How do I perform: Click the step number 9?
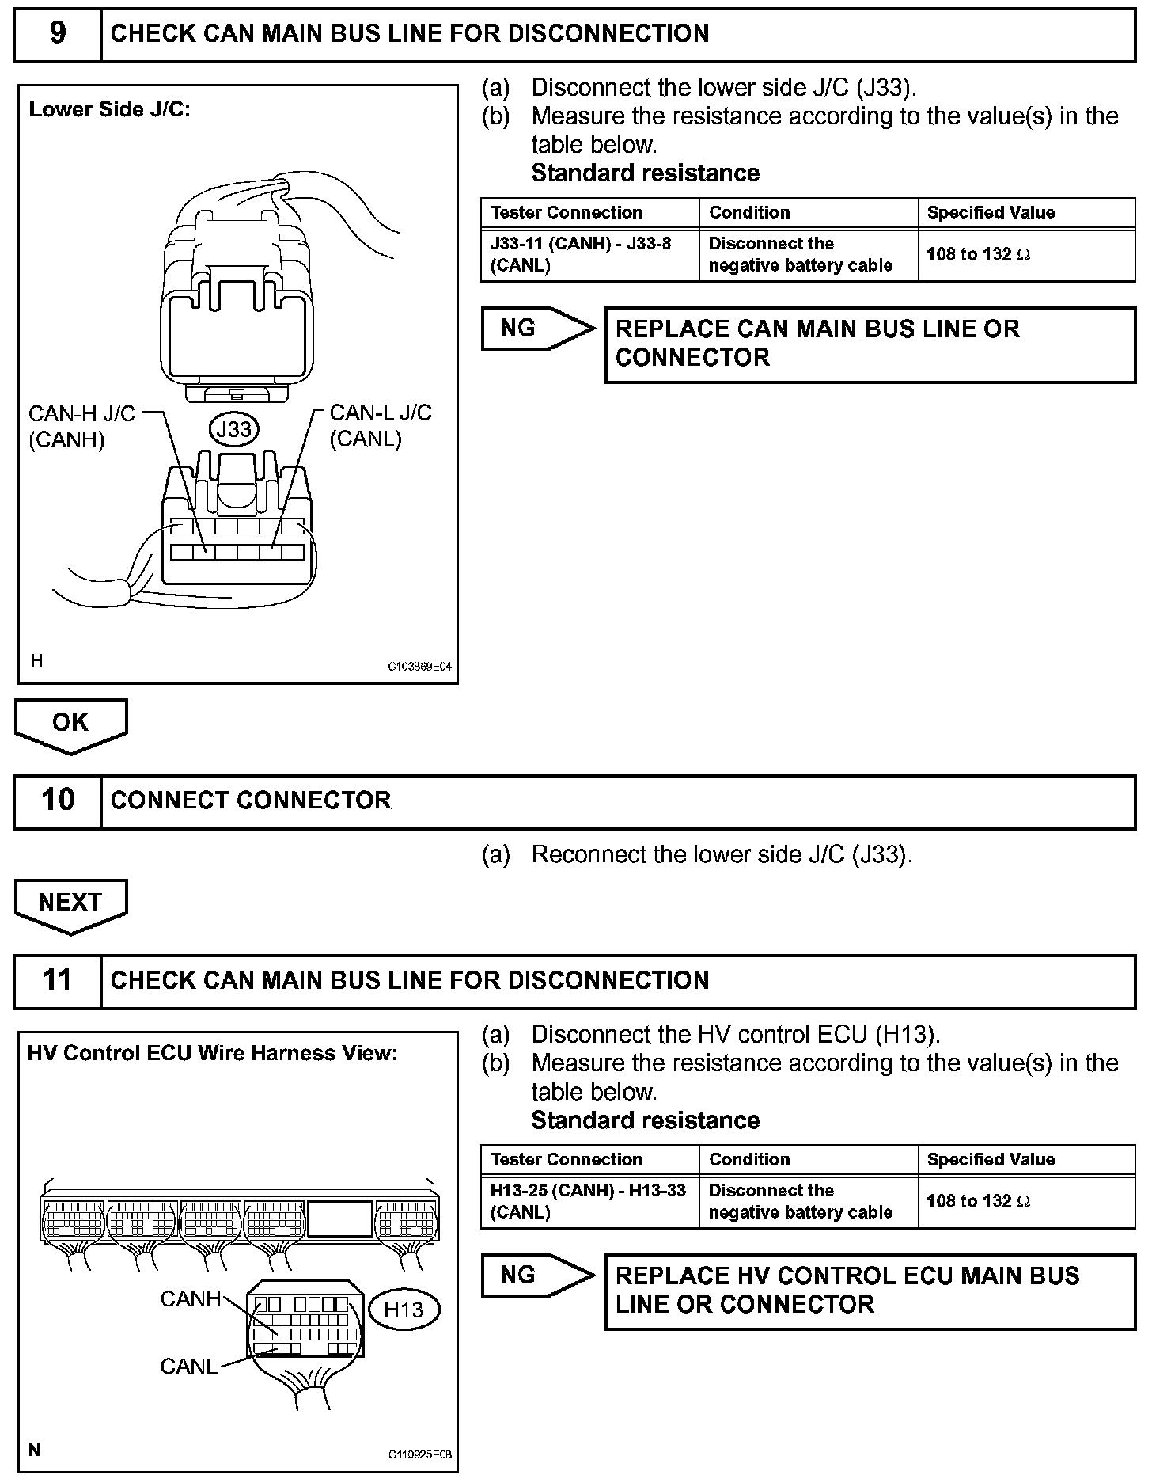[58, 33]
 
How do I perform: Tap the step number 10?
[58, 800]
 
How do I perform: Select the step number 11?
[58, 980]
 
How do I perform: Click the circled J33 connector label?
[234, 429]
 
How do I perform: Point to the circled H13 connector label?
[404, 1310]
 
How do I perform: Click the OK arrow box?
[70, 725]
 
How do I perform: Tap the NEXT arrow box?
[70, 906]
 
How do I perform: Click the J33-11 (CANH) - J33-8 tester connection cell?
[590, 255]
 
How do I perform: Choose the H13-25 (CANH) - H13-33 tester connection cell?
[590, 1202]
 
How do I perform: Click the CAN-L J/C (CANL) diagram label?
[381, 425]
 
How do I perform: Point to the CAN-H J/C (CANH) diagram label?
[81, 426]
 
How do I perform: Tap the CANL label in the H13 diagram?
[189, 1367]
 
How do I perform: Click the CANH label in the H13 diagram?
[191, 1299]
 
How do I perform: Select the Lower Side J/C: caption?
[110, 109]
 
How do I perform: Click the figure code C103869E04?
[419, 667]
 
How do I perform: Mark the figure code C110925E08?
[419, 1454]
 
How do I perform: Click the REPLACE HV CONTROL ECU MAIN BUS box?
[870, 1291]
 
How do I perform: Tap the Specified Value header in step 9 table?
[991, 212]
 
